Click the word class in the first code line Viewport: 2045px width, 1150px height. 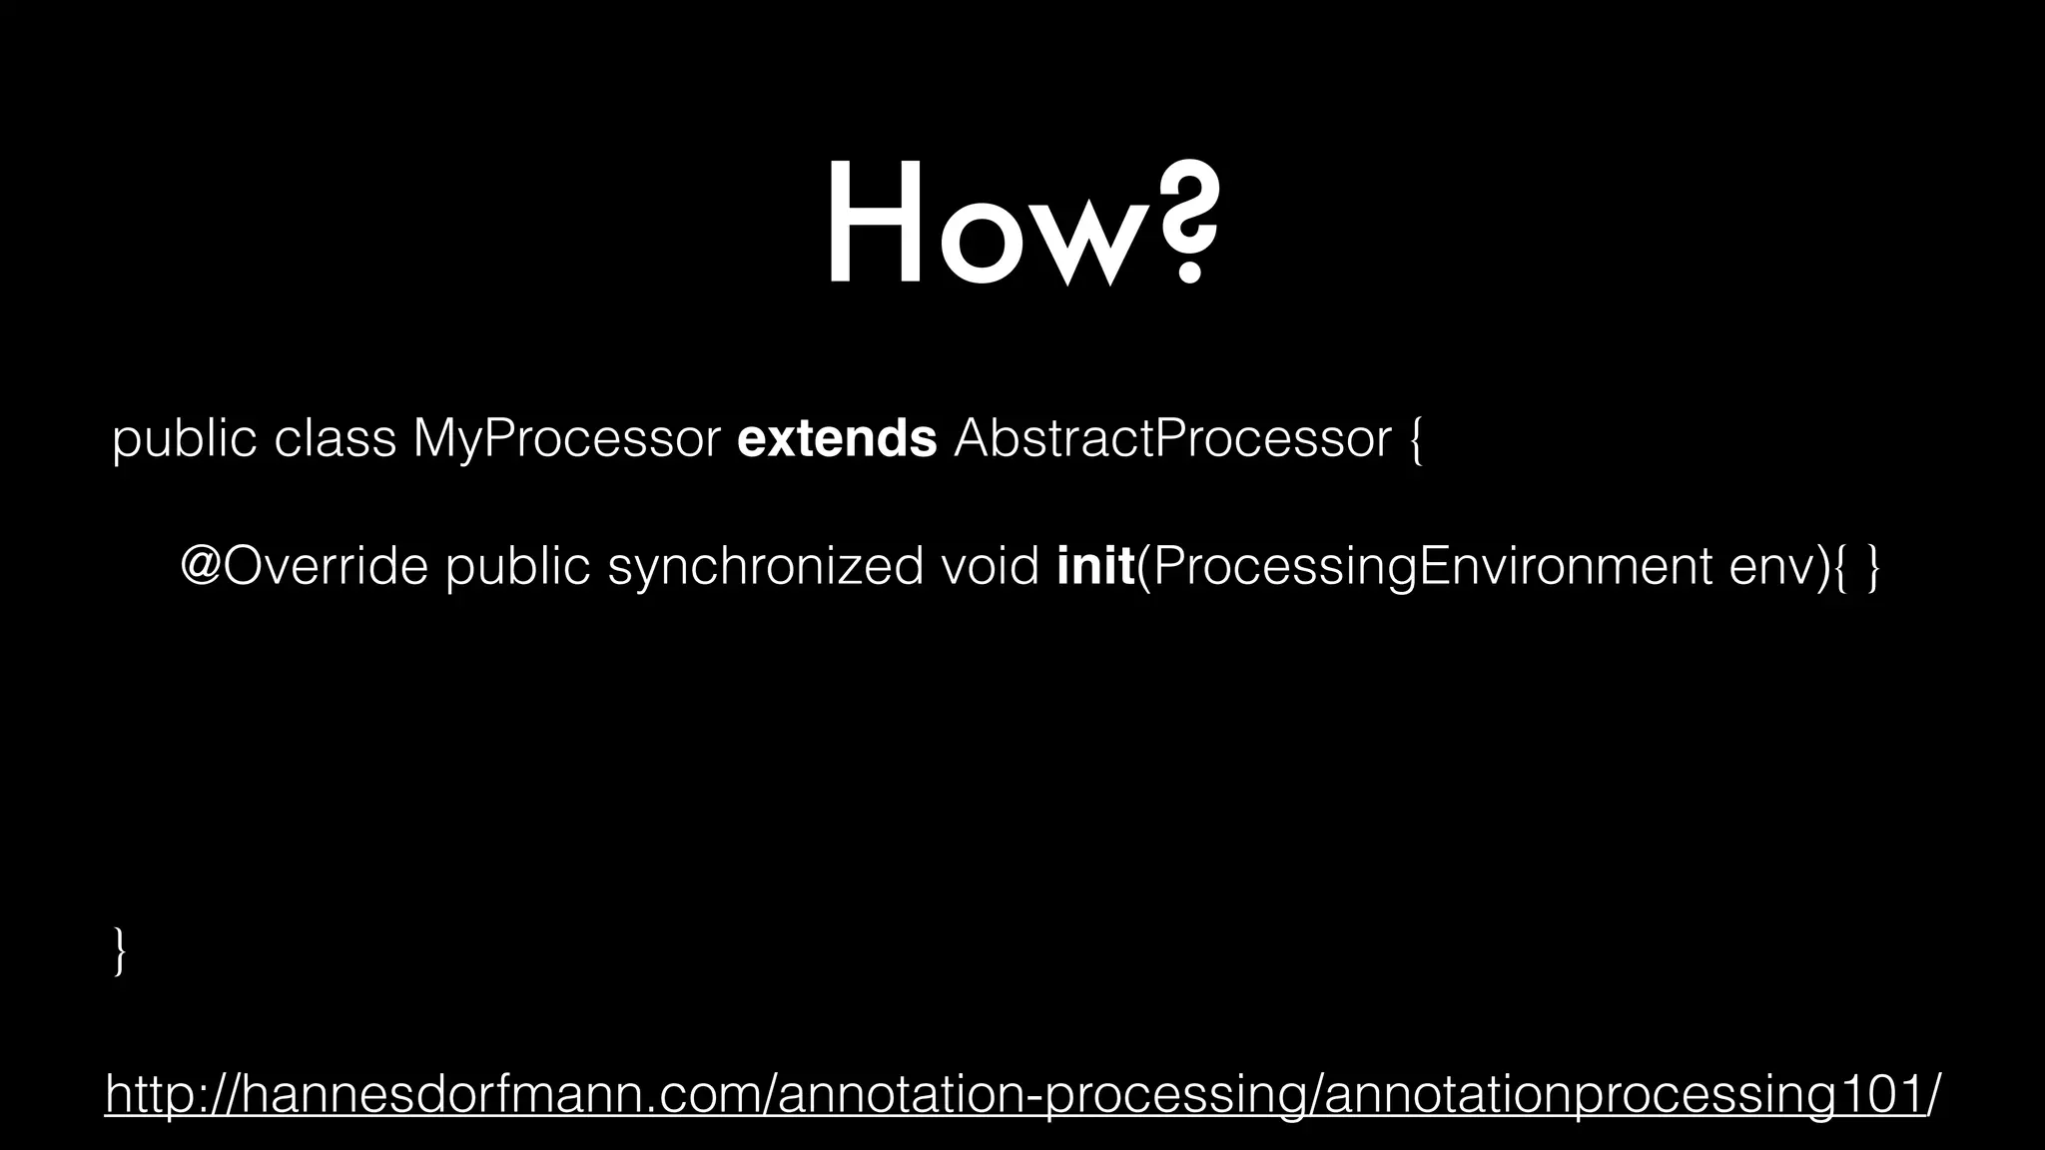pyautogui.click(x=335, y=438)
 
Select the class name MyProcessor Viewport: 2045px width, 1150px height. pyautogui.click(x=565, y=438)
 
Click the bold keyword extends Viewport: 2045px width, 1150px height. pyautogui.click(x=837, y=438)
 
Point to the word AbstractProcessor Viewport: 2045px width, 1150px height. pyautogui.click(x=1172, y=438)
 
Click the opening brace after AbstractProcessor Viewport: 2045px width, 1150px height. pyautogui.click(x=1416, y=440)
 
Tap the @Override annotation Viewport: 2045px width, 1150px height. pyautogui.click(x=304, y=567)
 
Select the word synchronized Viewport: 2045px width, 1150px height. pyautogui.click(x=765, y=567)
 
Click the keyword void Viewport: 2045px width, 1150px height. pyautogui.click(x=990, y=567)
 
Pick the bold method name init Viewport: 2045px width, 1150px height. pyautogui.click(x=1094, y=567)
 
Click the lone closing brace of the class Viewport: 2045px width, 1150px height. pyautogui.click(x=120, y=950)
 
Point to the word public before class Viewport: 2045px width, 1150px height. pyautogui.click(x=185, y=438)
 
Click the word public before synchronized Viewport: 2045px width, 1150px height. pyautogui.click(x=517, y=567)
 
